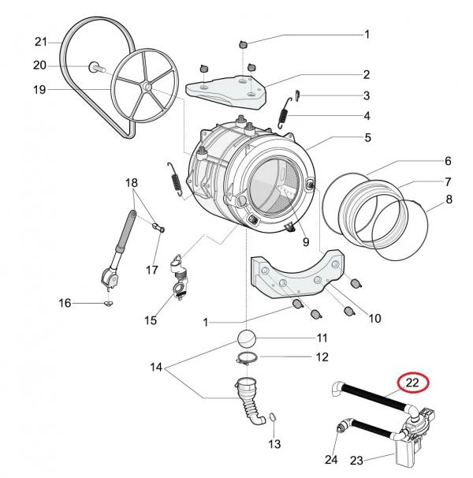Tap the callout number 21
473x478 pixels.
tap(42, 41)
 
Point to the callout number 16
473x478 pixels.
tap(65, 302)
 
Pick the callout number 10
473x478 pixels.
tap(374, 319)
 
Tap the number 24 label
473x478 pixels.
tap(331, 460)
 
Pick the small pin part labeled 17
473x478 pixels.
tap(158, 230)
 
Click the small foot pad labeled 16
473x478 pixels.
tap(108, 302)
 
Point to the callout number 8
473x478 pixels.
tap(449, 200)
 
